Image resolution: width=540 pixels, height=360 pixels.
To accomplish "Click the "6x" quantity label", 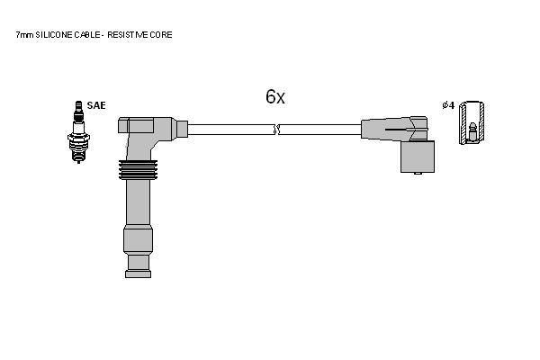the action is (275, 97).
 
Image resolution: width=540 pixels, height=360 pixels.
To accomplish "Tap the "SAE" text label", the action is (96, 105).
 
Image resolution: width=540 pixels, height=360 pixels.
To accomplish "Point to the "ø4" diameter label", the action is (448, 105).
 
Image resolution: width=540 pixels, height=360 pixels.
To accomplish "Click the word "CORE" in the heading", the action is (161, 35).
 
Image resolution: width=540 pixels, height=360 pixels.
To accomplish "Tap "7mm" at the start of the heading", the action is (24, 35).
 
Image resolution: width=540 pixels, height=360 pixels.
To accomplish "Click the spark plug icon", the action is (78, 132).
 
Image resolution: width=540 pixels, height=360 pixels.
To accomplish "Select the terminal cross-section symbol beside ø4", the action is (472, 122).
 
